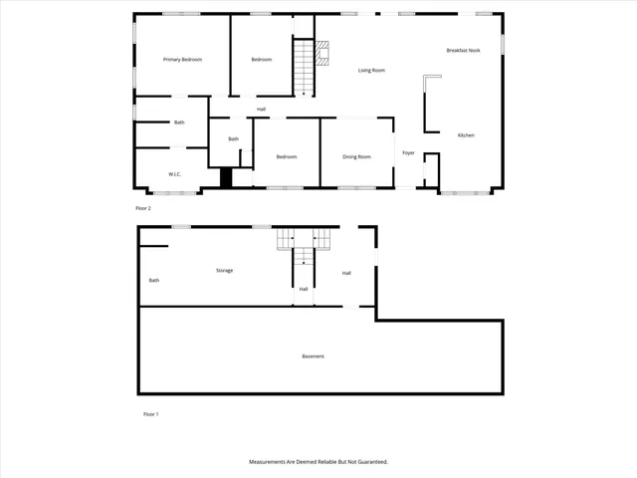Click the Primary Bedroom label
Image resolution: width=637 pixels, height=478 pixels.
tap(182, 60)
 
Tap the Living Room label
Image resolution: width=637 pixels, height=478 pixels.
tap(371, 70)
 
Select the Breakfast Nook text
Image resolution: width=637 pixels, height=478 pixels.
tap(464, 50)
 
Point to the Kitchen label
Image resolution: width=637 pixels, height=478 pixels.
tap(466, 135)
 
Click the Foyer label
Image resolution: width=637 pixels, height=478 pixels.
tap(408, 152)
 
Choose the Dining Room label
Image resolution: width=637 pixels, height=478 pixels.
tap(356, 156)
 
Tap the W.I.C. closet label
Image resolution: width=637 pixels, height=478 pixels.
tap(174, 174)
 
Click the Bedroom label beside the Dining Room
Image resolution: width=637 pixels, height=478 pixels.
tap(287, 156)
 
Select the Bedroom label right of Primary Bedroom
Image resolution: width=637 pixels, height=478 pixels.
tap(261, 60)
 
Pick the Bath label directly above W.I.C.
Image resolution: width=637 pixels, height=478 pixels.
tap(179, 122)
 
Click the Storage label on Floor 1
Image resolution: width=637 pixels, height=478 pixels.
tap(224, 270)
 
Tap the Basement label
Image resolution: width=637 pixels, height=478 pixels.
tap(313, 356)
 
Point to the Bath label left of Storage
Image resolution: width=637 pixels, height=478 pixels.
tap(154, 280)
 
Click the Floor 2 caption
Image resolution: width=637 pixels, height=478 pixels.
tap(142, 208)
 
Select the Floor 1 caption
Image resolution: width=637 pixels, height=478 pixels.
tap(150, 413)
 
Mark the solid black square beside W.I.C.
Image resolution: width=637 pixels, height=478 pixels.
tap(226, 177)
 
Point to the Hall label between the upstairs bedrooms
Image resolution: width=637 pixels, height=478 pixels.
tap(261, 109)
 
